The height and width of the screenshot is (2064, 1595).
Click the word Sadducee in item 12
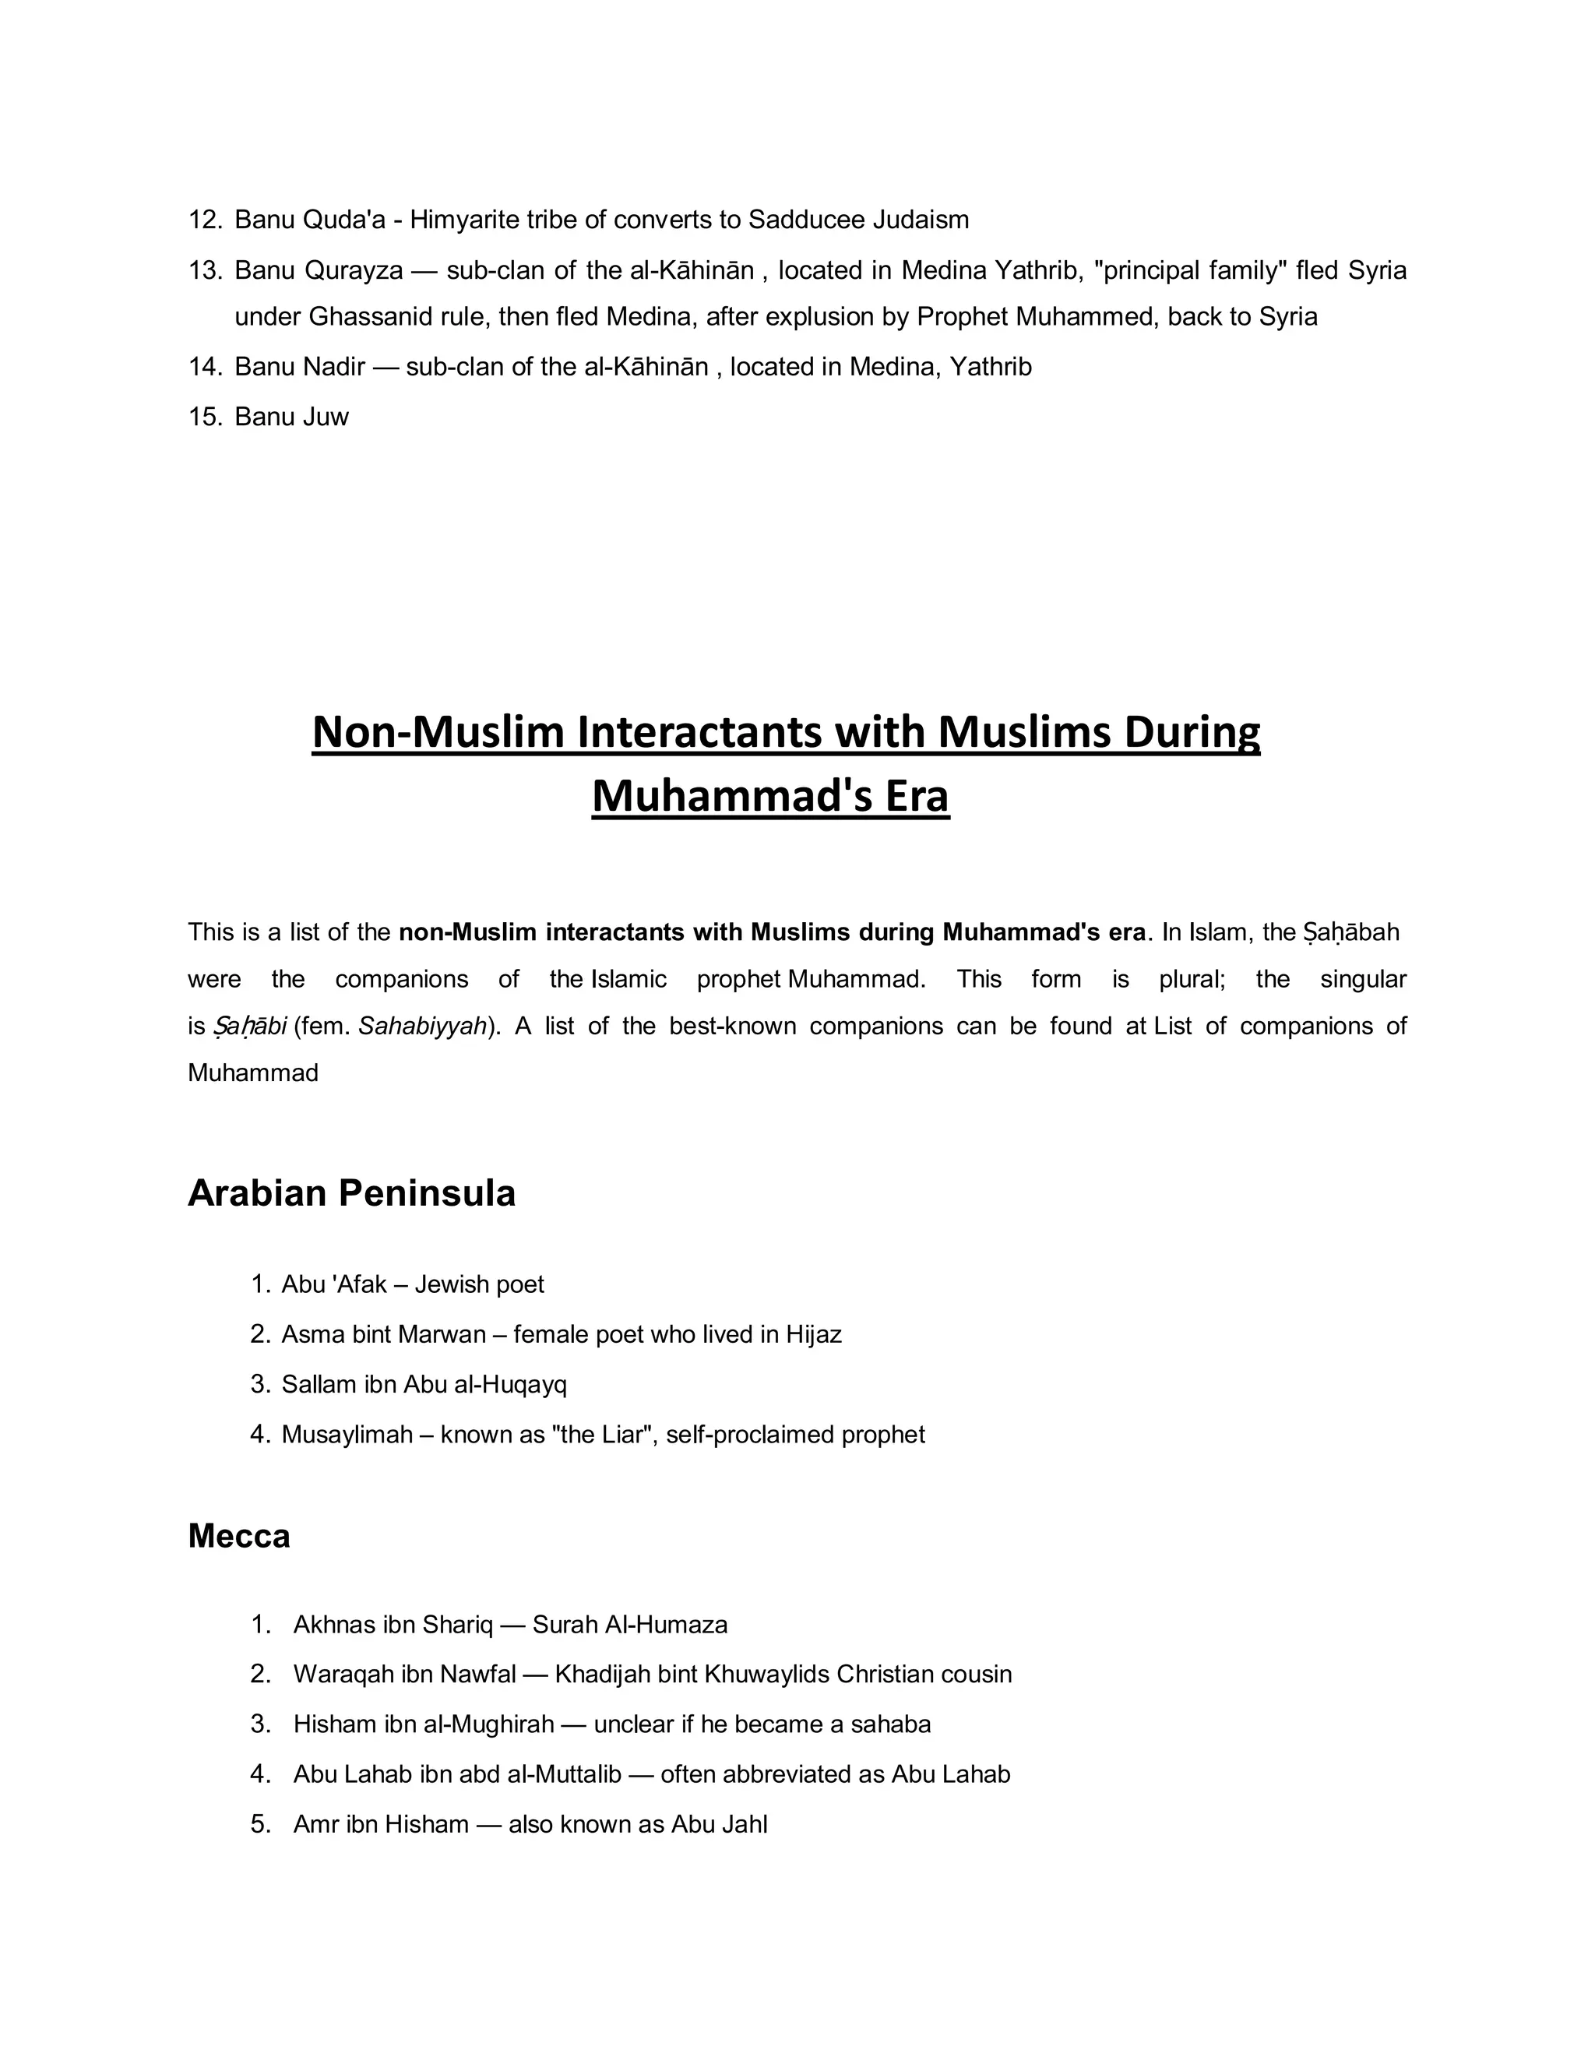click(806, 220)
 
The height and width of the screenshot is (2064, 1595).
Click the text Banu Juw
click(291, 417)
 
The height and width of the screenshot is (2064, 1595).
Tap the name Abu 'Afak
click(333, 1284)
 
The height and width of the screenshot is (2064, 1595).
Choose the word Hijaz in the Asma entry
click(814, 1334)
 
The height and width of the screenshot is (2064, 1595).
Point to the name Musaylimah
click(347, 1435)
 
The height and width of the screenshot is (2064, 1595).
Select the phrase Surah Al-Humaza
click(630, 1625)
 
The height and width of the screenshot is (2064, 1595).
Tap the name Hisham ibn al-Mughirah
click(424, 1724)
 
